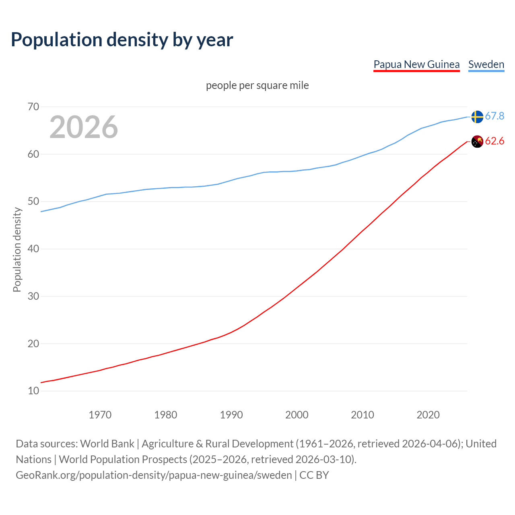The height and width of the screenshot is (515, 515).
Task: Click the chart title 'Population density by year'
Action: [122, 40]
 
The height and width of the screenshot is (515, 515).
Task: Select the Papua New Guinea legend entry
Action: [416, 64]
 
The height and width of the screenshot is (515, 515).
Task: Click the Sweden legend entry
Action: [486, 64]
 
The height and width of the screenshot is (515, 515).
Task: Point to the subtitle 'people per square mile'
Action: [257, 86]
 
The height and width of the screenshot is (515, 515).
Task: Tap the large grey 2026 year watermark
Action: [84, 127]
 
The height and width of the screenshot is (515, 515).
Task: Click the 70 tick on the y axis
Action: [33, 107]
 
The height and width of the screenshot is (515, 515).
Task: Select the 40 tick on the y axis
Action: [33, 249]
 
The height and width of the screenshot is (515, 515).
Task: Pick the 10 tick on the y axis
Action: [33, 391]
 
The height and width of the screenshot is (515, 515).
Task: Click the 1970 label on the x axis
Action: [100, 415]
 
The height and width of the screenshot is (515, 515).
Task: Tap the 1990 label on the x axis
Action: [231, 415]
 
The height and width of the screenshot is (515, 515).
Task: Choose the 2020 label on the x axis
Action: [428, 415]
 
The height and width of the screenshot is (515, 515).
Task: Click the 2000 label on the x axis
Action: [297, 415]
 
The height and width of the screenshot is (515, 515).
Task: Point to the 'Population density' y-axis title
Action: [17, 249]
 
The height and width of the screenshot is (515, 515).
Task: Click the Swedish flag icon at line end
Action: [477, 117]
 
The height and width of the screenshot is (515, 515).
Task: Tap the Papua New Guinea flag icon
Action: [477, 142]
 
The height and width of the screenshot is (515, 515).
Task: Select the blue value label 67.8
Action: [494, 116]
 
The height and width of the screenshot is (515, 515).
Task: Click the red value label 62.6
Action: [494, 141]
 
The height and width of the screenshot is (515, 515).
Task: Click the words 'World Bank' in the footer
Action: [107, 444]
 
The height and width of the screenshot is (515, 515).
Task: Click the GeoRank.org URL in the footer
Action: [154, 475]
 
